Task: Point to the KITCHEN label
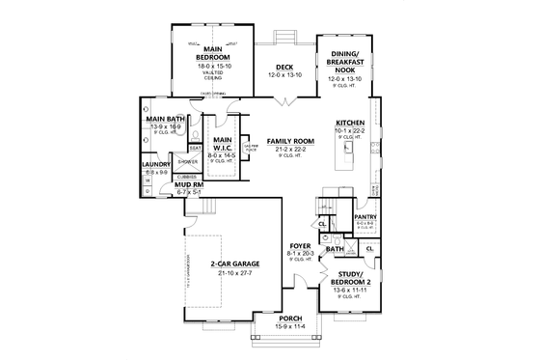click(x=349, y=123)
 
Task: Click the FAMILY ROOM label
click(x=286, y=141)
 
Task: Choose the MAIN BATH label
click(x=166, y=119)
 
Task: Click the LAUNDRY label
click(x=156, y=165)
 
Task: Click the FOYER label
click(x=301, y=246)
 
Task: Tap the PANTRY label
click(x=365, y=217)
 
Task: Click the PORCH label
click(x=290, y=318)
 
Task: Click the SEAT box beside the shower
click(x=195, y=148)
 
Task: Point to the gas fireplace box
click(x=254, y=148)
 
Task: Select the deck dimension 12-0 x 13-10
click(x=286, y=74)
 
